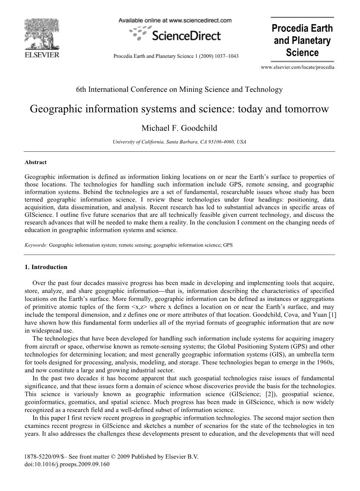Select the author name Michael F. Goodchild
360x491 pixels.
coord(180,128)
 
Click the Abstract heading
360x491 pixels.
coord(36,162)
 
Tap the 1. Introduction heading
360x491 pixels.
coord(46,267)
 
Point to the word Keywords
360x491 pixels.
coord(36,245)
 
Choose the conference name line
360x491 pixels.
coord(179,89)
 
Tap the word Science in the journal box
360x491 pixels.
coord(302,53)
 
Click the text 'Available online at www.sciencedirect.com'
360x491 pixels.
coord(175,20)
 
